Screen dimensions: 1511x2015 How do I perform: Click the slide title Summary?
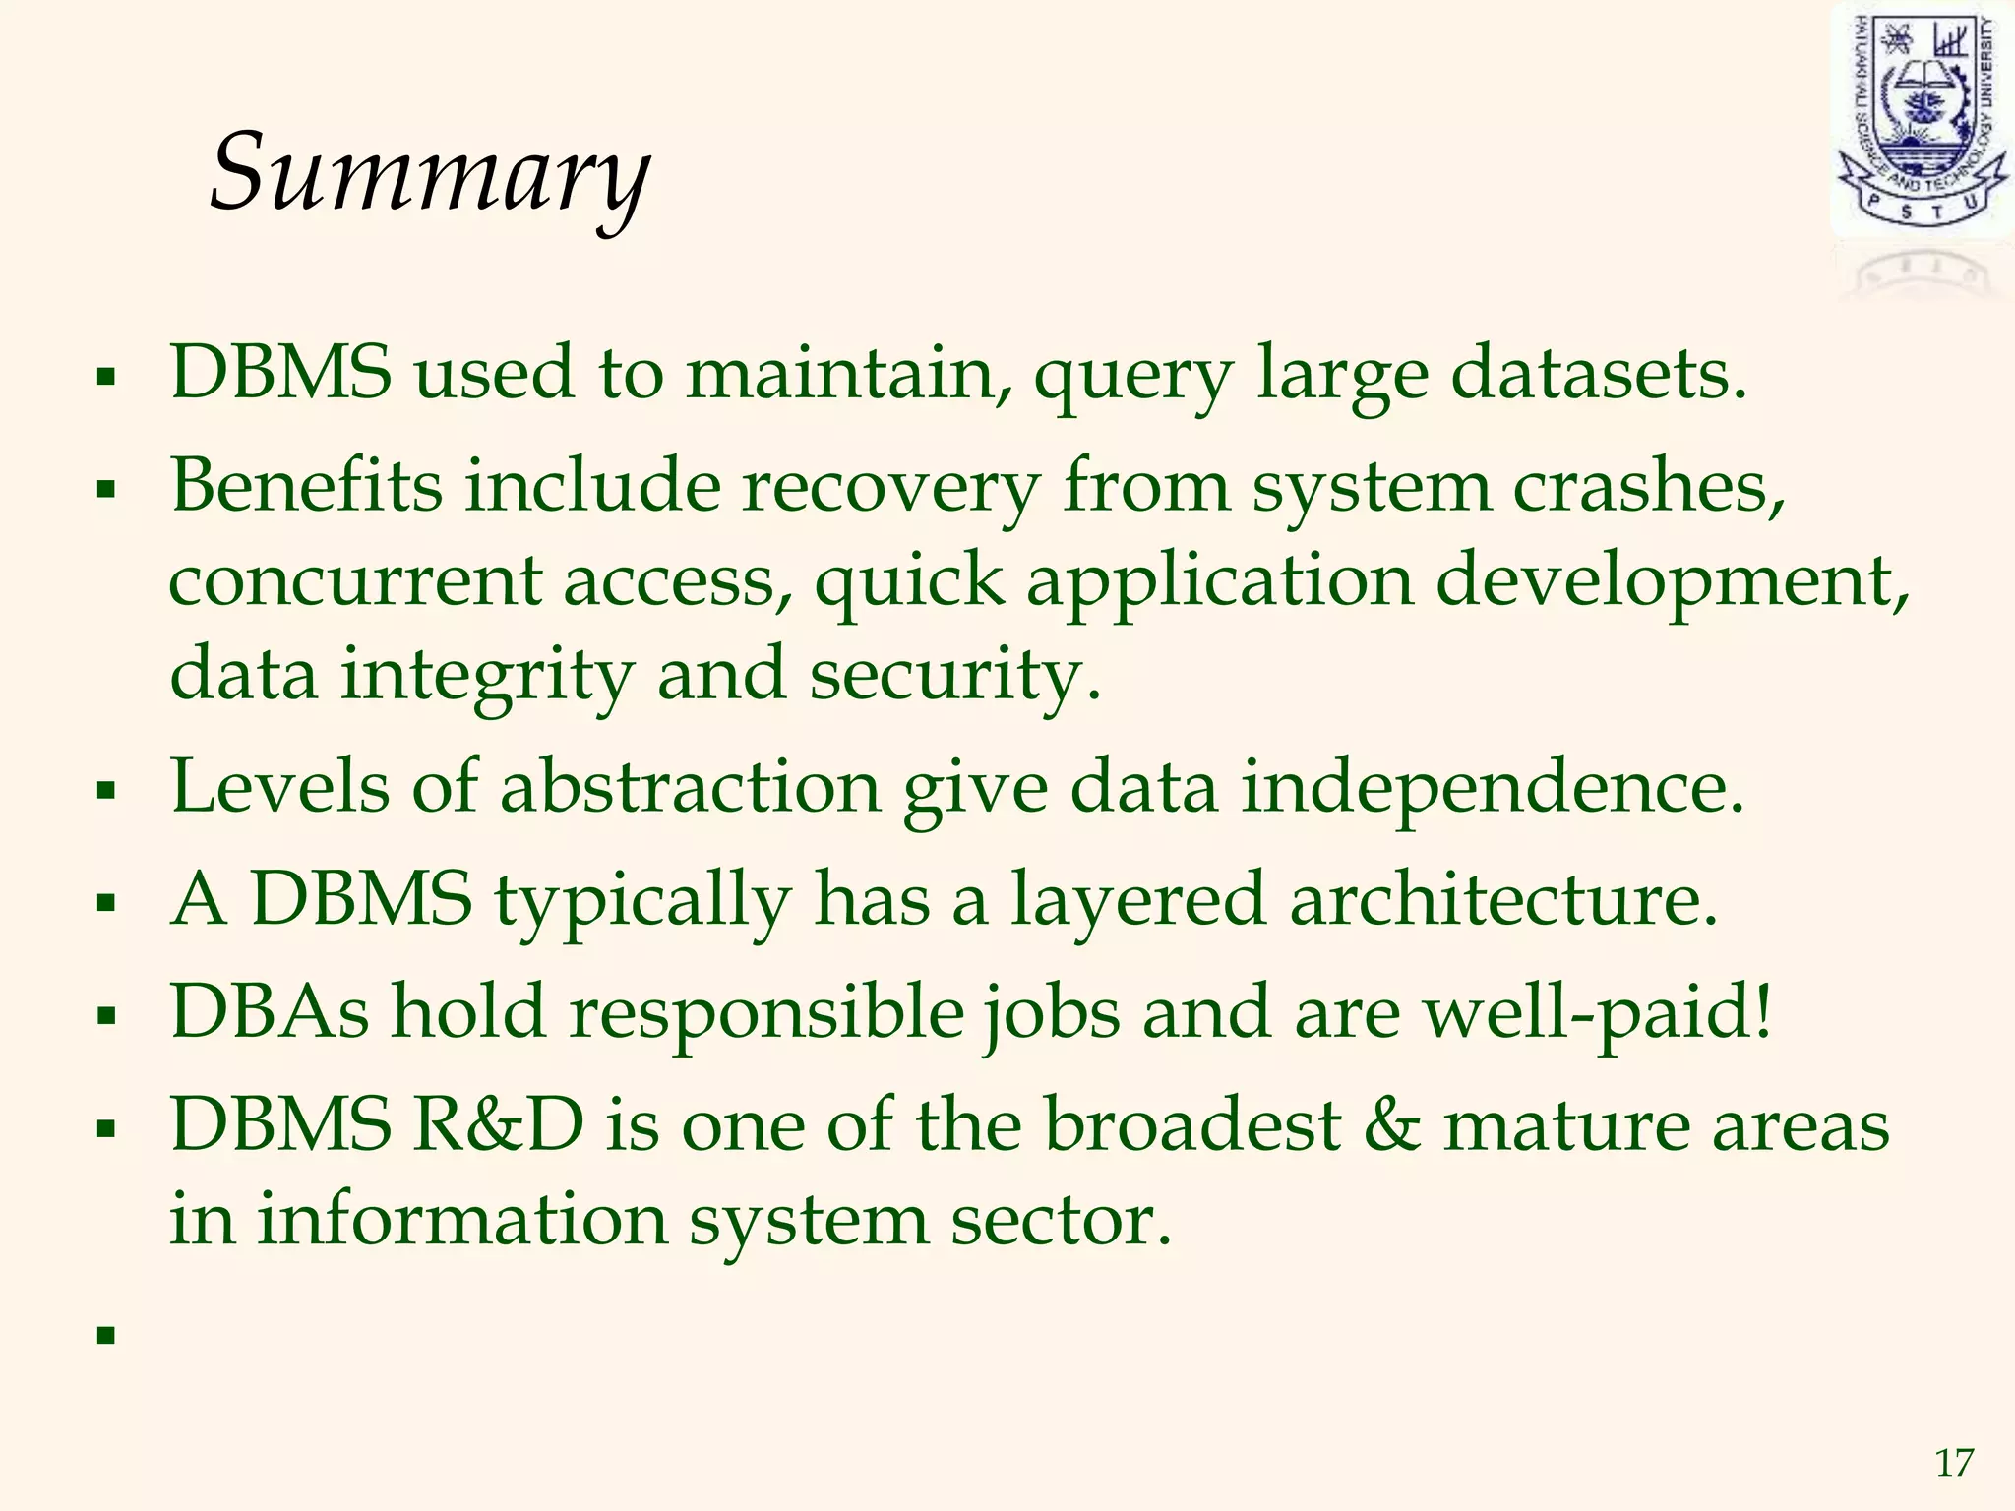pyautogui.click(x=430, y=172)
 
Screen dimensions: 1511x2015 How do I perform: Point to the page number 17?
pyautogui.click(x=1954, y=1464)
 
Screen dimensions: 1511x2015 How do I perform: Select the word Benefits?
pyautogui.click(x=306, y=486)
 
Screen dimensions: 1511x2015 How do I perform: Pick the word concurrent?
pyautogui.click(x=354, y=580)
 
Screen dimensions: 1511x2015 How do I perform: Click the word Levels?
pyautogui.click(x=280, y=787)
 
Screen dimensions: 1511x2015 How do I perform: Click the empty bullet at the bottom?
pyautogui.click(x=106, y=1335)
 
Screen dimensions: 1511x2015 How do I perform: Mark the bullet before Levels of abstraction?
pyautogui.click(x=106, y=790)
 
